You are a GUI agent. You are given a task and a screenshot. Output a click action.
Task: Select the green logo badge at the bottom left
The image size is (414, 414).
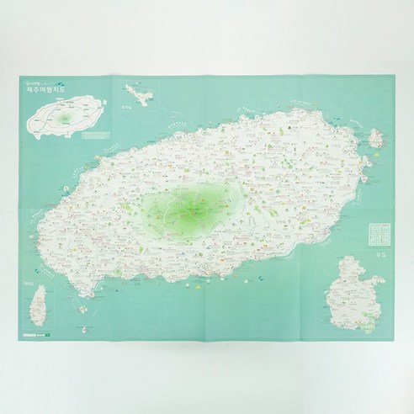pyautogui.click(x=47, y=339)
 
